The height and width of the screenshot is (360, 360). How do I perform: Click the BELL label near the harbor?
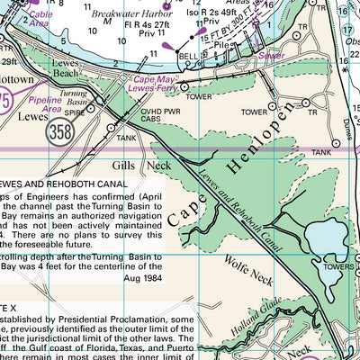tap(188, 55)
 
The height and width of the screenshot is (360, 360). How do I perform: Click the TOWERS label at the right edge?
tap(343, 267)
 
